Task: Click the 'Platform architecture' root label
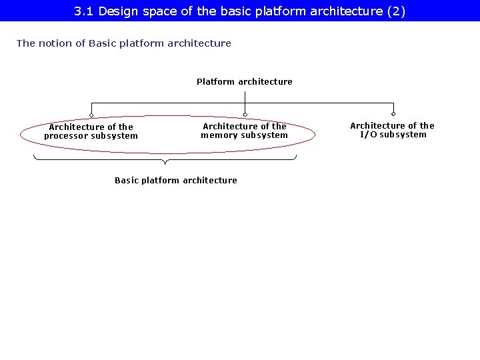(244, 81)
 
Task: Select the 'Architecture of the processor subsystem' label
(91, 131)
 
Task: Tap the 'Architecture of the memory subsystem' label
(245, 131)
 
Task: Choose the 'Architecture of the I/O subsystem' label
(392, 130)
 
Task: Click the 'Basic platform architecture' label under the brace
(175, 180)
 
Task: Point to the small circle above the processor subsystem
(91, 114)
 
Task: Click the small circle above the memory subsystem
(245, 114)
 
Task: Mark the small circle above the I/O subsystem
(393, 114)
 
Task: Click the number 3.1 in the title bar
(83, 11)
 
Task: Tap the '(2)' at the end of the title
(396, 11)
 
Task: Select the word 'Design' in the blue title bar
(116, 11)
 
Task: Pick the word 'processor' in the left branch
(66, 136)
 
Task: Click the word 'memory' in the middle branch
(219, 135)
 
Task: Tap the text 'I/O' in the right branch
(368, 135)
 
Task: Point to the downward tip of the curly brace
(165, 163)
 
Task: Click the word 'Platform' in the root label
(215, 81)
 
